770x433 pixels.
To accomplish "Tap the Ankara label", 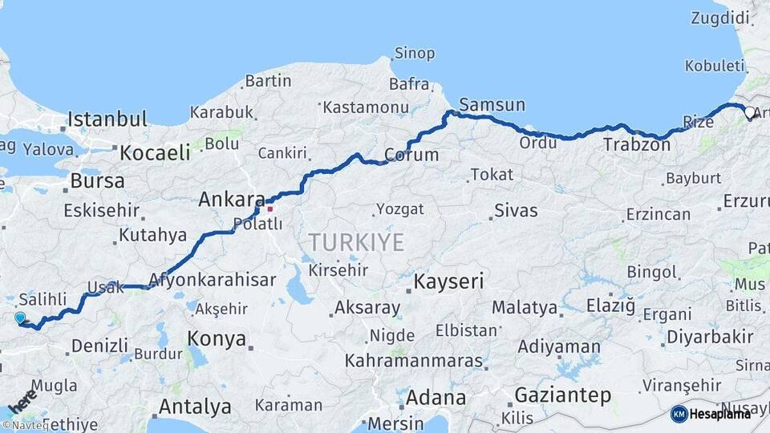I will point(232,199).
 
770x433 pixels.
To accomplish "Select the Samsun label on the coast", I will point(492,105).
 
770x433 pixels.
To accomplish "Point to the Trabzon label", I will point(636,145).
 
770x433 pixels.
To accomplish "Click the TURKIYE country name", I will point(356,241).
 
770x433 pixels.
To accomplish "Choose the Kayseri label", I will point(449,282).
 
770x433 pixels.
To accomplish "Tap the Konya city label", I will point(217,339).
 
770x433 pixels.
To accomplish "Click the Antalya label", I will point(195,407).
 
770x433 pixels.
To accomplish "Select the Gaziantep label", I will point(562,395).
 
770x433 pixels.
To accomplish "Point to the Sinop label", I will point(415,54).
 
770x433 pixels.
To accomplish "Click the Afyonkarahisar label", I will point(213,281).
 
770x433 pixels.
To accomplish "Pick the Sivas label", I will point(516,211).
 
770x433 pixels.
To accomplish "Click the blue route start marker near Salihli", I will point(20,318).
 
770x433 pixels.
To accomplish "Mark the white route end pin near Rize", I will point(750,113).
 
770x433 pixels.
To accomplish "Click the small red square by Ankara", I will point(271,209).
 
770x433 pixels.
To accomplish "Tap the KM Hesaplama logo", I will point(710,414).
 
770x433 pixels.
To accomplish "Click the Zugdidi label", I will point(720,18).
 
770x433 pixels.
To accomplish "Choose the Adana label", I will point(436,398).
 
